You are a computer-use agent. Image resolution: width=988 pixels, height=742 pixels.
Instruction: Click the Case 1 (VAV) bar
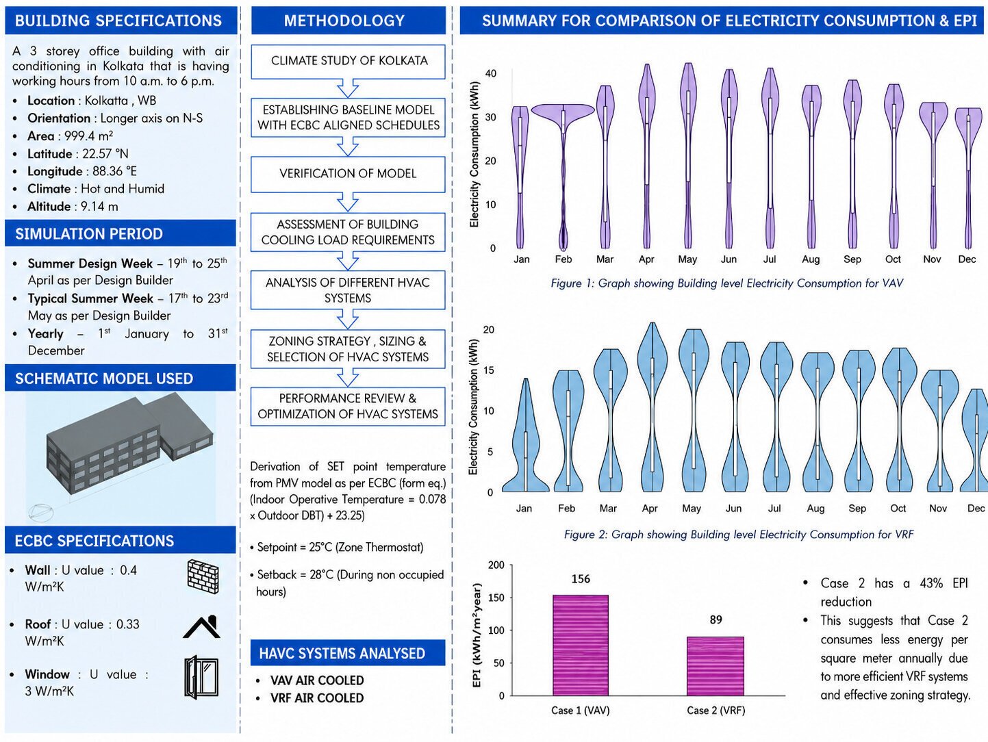(x=580, y=645)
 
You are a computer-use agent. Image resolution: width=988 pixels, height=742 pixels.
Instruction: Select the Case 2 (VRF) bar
(x=715, y=666)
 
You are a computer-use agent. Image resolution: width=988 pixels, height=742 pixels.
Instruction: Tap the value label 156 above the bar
(x=580, y=579)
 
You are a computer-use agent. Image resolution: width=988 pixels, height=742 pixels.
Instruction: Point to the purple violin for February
(x=563, y=175)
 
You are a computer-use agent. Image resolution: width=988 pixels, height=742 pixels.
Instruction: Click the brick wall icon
(x=203, y=576)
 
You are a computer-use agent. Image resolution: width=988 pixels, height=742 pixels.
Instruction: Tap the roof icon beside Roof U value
(x=202, y=627)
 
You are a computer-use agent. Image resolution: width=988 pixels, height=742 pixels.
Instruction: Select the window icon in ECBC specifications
(x=201, y=677)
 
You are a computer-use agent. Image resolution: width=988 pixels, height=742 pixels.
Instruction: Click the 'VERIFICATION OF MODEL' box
(x=348, y=174)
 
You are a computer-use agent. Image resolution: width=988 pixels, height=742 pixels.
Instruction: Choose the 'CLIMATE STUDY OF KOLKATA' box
(x=348, y=62)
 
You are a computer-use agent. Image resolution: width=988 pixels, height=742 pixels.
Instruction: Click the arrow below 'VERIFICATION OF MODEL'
(x=348, y=202)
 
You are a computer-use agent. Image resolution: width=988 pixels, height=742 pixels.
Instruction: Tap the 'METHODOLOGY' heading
(x=344, y=21)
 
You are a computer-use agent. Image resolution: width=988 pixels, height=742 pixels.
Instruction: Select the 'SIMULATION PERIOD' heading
(x=89, y=234)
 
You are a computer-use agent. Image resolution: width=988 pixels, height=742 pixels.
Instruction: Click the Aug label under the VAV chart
(x=811, y=259)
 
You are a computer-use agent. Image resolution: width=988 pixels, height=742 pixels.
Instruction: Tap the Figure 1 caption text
(x=727, y=283)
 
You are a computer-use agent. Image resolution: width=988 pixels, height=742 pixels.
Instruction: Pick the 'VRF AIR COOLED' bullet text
(x=317, y=698)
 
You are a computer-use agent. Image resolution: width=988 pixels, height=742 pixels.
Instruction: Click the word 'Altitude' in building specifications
(x=49, y=207)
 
